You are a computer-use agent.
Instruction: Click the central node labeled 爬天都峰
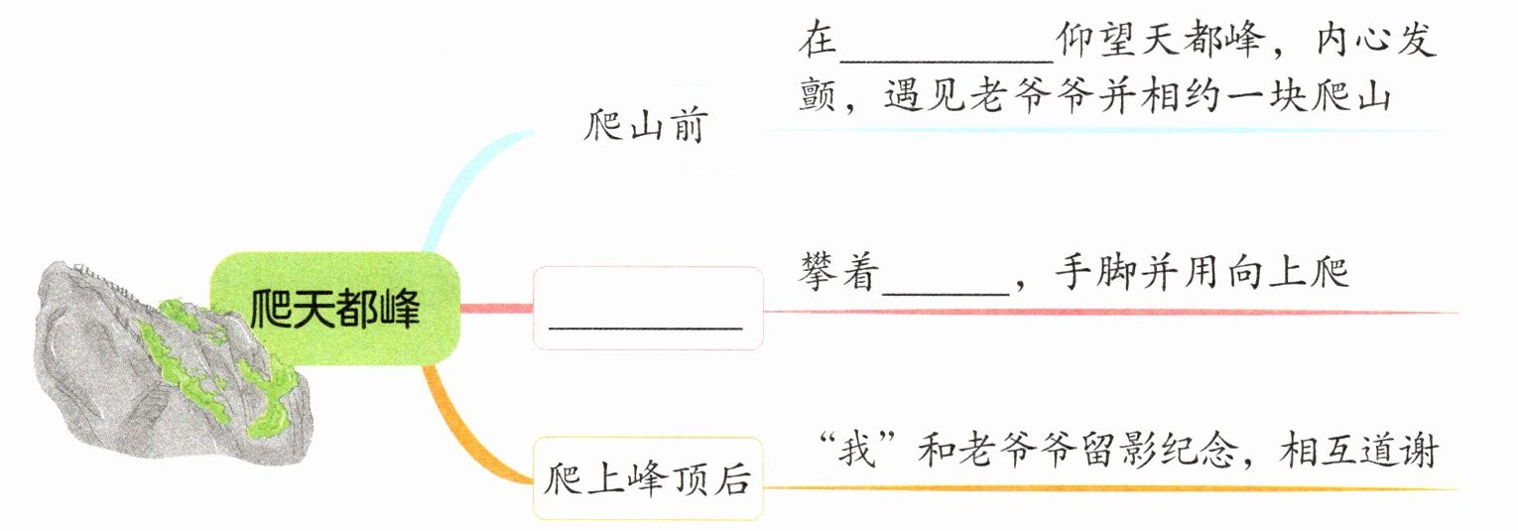334,309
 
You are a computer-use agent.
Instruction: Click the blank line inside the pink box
646,325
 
